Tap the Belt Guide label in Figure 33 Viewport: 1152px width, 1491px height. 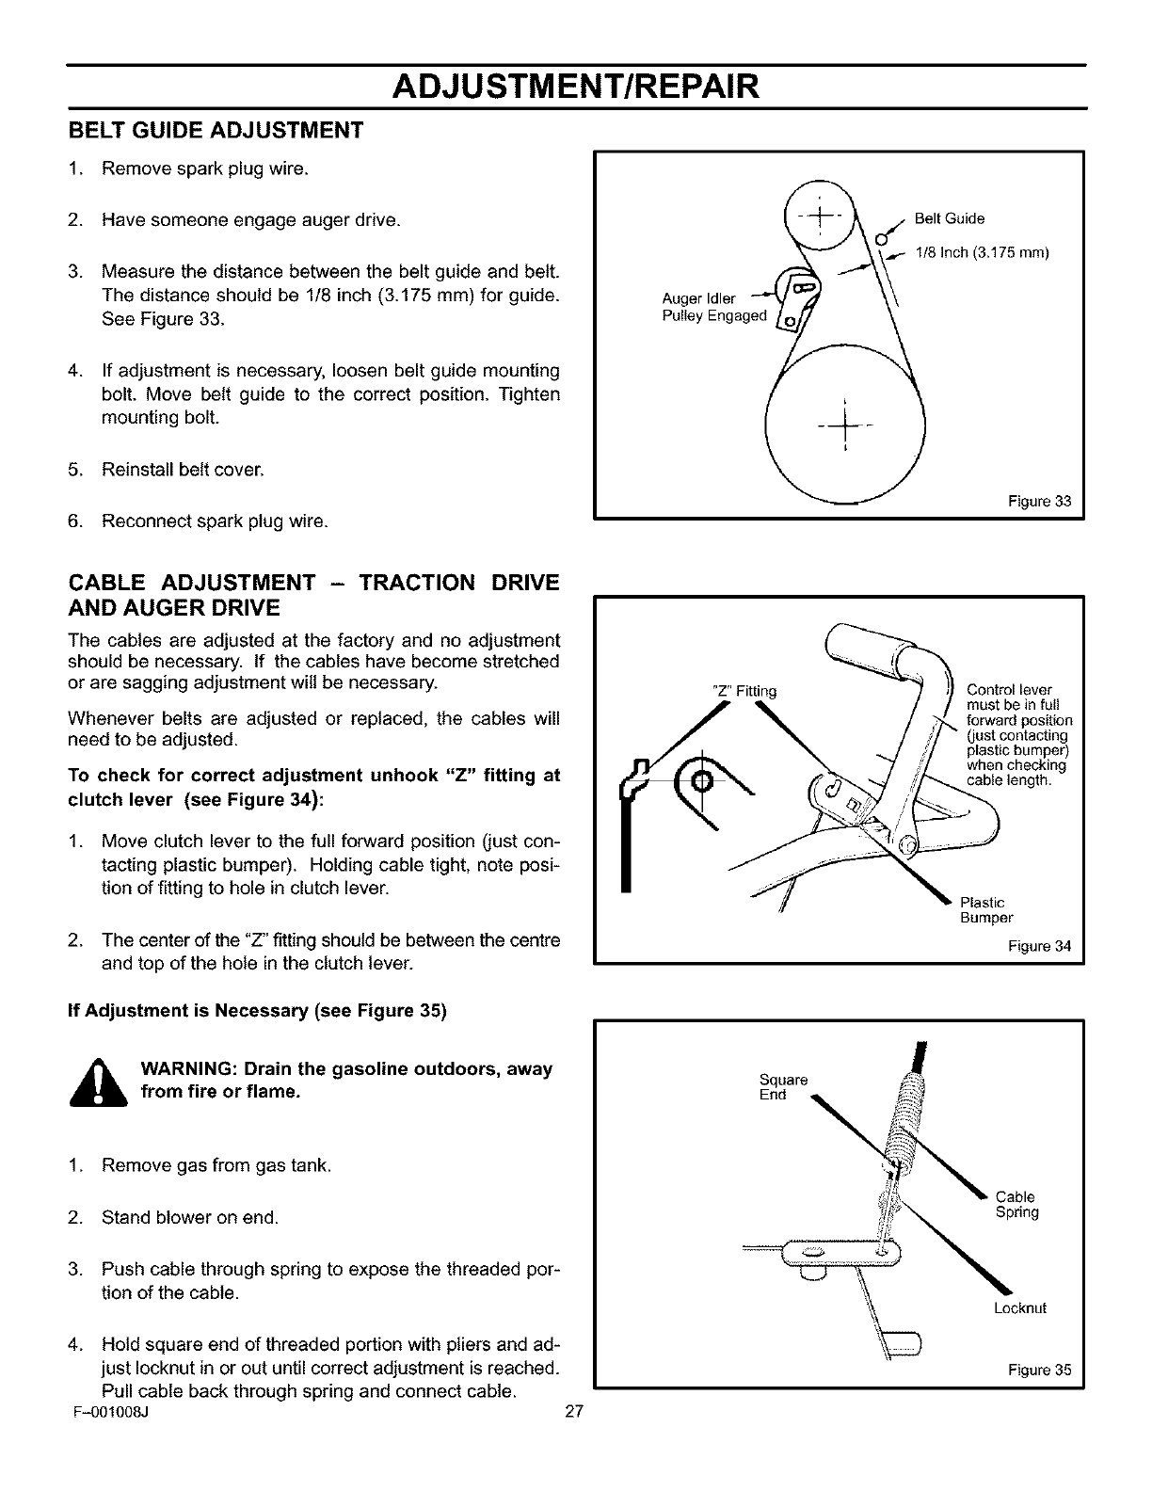coord(949,219)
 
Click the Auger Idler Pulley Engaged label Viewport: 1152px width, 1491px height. coord(715,308)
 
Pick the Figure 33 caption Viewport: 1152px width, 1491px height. coord(1046,501)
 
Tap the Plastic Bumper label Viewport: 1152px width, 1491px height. coord(985,910)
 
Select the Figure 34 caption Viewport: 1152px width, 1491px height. coord(1046,946)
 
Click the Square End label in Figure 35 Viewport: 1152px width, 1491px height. coord(782,1087)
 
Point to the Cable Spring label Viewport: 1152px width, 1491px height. coord(1016,1205)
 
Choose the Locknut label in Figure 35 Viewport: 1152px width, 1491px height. coord(1019,1308)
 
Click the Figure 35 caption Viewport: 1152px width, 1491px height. coord(1046,1370)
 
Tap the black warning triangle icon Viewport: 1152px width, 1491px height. coord(99,1084)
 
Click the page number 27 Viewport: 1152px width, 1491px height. coord(575,1409)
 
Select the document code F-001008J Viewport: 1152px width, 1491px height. coord(105,1410)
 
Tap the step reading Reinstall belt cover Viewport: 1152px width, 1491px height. coord(183,469)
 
